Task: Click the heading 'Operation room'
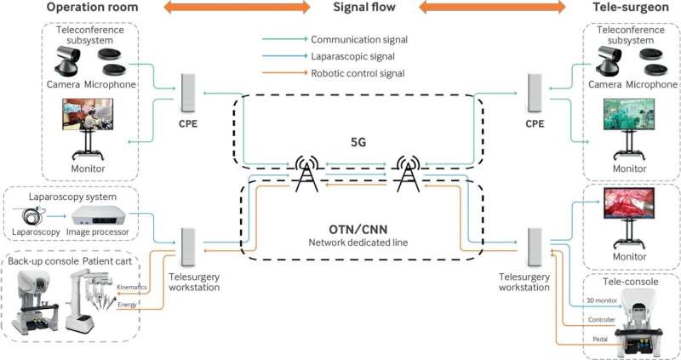(x=92, y=7)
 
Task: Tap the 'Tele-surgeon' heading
(x=631, y=7)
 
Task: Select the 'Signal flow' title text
(x=364, y=7)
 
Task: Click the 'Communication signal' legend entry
(x=359, y=39)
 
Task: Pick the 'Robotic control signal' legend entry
(x=358, y=73)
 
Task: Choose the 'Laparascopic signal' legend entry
(x=352, y=56)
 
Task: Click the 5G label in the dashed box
(x=358, y=142)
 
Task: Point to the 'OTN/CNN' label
(x=358, y=229)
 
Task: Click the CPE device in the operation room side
(x=188, y=93)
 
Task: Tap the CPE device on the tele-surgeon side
(x=535, y=93)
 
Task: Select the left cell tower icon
(x=306, y=174)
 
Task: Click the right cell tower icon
(x=409, y=174)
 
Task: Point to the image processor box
(x=98, y=215)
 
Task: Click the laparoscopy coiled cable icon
(x=31, y=216)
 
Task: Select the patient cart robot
(x=90, y=300)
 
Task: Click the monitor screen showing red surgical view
(x=629, y=203)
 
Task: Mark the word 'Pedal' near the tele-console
(x=600, y=339)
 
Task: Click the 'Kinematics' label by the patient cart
(x=132, y=287)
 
